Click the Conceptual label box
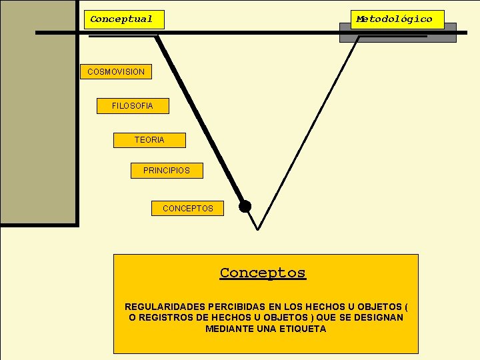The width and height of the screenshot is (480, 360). click(124, 19)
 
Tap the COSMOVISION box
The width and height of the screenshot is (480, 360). click(116, 71)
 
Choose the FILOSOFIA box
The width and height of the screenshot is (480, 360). click(133, 106)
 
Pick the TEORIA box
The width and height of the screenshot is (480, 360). click(149, 140)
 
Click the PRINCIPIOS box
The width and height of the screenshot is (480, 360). click(167, 171)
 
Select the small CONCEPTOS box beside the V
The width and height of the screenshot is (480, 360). click(187, 209)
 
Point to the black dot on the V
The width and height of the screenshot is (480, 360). click(245, 206)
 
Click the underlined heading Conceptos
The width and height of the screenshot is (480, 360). click(263, 273)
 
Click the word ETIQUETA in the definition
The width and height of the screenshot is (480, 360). click(304, 329)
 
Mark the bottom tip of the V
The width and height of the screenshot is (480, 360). click(258, 229)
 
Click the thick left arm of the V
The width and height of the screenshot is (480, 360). click(200, 120)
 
